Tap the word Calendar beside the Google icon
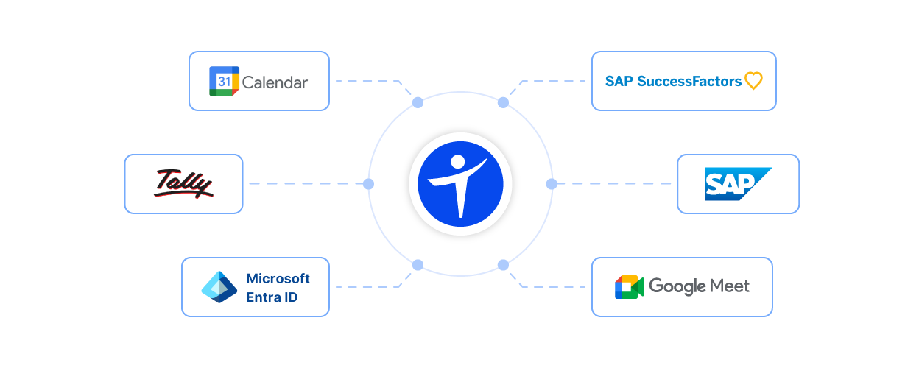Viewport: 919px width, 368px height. coord(273,83)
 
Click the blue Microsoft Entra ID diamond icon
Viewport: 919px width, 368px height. coord(219,288)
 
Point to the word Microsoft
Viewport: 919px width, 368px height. coord(278,279)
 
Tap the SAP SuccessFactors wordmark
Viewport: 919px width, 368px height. coord(674,82)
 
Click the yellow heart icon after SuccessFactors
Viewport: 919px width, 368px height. coord(754,81)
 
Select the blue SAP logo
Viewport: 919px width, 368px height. coord(750,189)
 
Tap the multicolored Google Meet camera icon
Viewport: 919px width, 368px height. coord(631,291)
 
